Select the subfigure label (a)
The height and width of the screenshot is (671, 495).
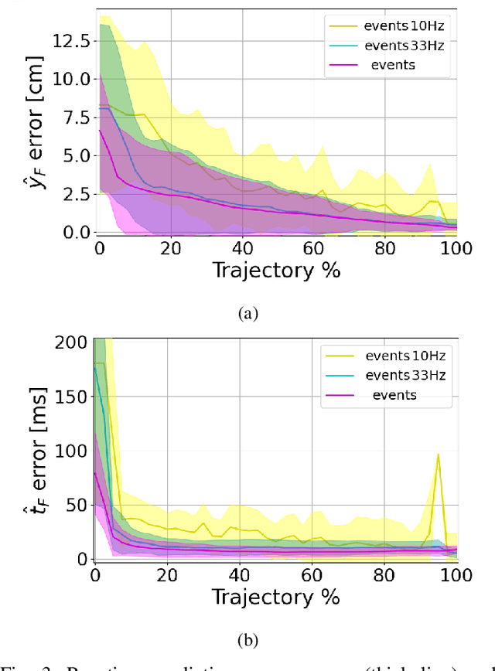coord(247,313)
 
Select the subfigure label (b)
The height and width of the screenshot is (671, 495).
coord(247,639)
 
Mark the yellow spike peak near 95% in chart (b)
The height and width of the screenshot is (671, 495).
coord(439,455)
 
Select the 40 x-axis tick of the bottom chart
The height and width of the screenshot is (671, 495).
coord(240,576)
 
